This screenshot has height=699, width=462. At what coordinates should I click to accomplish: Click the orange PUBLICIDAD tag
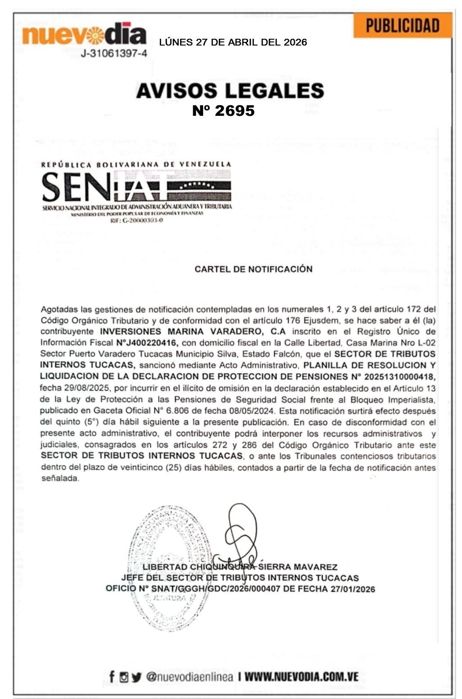(402, 26)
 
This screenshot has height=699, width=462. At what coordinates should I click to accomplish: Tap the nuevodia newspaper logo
(84, 34)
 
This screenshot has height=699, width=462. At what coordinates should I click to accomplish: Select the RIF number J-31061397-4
(113, 54)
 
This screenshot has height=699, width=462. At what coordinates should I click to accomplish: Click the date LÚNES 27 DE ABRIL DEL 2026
(233, 42)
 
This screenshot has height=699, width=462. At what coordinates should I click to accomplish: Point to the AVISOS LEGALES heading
(230, 91)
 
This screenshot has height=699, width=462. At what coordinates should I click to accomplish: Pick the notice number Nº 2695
(223, 111)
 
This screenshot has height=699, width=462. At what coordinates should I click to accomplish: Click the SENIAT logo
(136, 187)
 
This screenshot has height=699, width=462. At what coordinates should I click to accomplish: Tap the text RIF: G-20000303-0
(136, 221)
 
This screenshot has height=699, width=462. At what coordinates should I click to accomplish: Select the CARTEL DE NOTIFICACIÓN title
(253, 269)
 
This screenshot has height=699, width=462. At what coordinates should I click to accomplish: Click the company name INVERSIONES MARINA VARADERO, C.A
(192, 332)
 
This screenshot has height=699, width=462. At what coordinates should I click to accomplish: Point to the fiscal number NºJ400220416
(144, 343)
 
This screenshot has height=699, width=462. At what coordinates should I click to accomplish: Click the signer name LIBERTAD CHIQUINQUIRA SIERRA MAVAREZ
(240, 567)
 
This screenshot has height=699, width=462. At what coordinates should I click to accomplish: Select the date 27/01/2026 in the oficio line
(353, 589)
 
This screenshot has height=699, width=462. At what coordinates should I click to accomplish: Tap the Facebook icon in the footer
(112, 676)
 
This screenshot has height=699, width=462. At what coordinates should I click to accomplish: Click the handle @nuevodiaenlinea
(190, 677)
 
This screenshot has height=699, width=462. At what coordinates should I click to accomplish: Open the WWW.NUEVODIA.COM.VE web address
(302, 677)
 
